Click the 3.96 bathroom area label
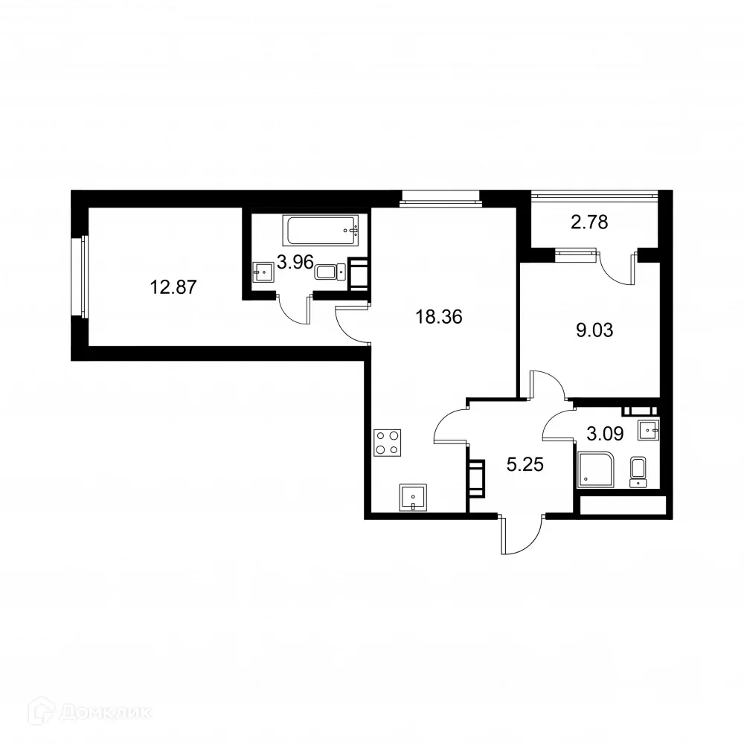[x=295, y=262]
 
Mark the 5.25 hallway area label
[x=525, y=466]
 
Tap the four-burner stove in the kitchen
[x=385, y=443]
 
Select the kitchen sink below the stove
[x=414, y=496]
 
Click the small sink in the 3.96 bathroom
[x=263, y=272]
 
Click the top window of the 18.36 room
[x=440, y=196]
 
